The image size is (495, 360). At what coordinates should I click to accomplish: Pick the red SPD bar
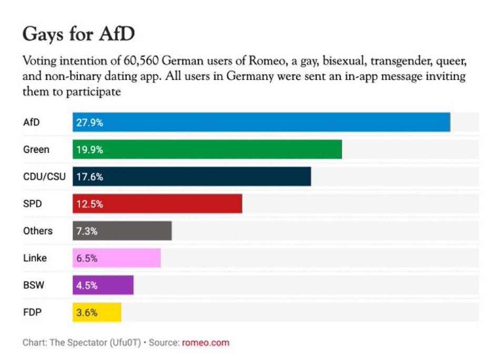coord(157,204)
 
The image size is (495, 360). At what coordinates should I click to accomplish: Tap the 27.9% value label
coord(90,122)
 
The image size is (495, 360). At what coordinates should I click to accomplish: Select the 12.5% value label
coord(90,204)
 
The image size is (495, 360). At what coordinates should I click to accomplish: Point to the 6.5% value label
coord(88,258)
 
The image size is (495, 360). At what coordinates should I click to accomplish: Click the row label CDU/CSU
coord(44,177)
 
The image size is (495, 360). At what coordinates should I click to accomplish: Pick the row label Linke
coord(35,258)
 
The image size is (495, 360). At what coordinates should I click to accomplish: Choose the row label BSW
coord(33,285)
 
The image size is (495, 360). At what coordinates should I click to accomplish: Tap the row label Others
coord(38,231)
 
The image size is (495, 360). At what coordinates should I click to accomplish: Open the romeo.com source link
coord(206,343)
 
